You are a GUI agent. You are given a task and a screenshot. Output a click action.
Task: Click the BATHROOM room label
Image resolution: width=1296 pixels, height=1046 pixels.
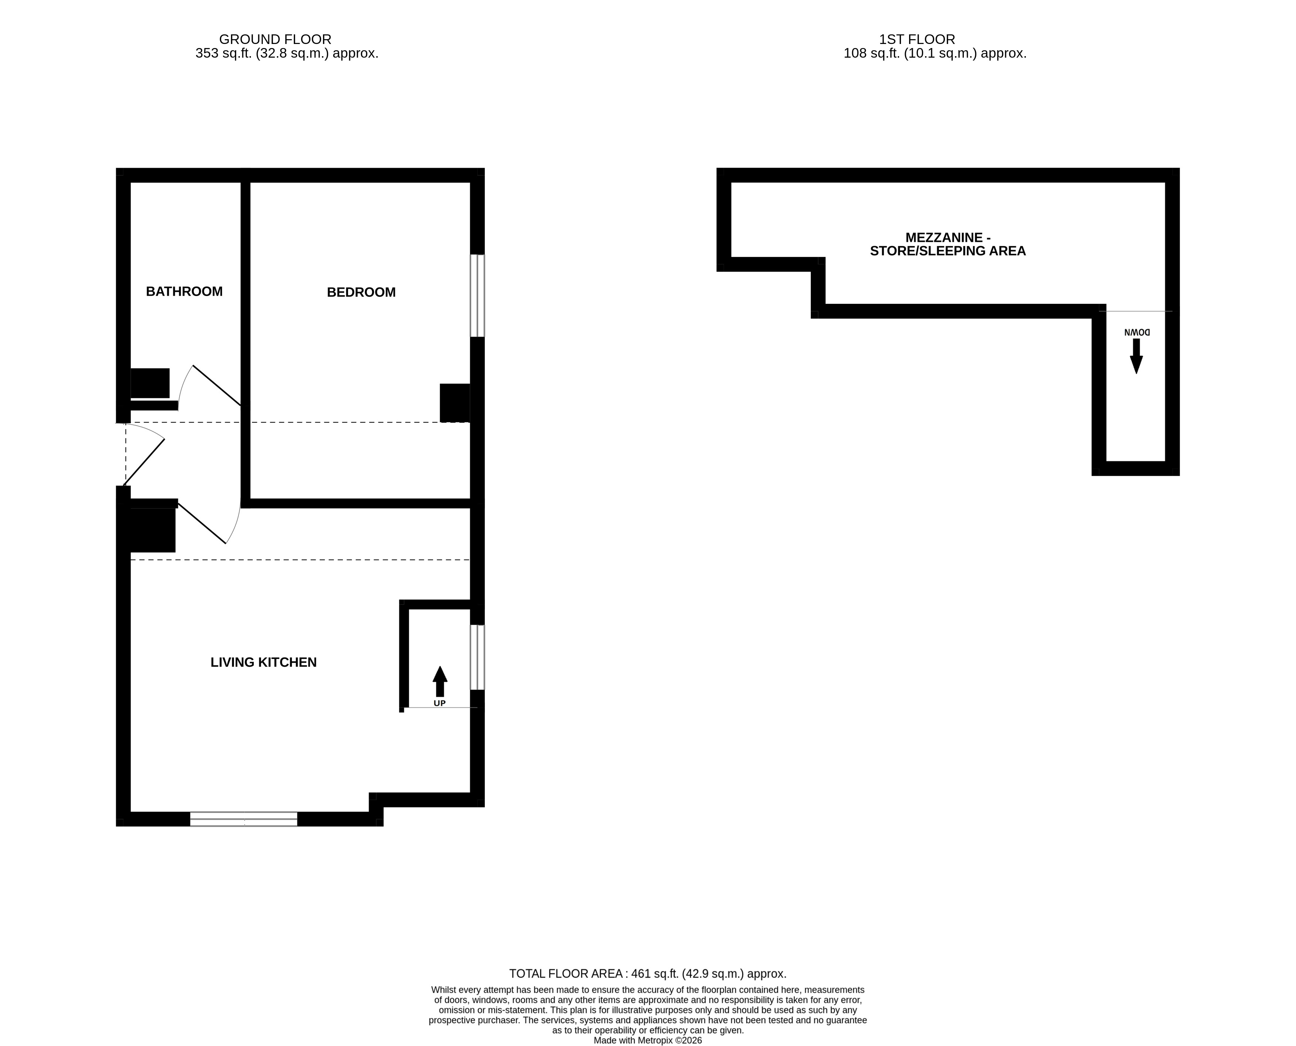point(184,292)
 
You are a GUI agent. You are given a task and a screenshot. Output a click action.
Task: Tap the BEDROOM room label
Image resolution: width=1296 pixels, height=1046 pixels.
point(361,292)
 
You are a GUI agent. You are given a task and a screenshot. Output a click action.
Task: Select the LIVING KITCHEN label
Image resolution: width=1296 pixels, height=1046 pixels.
point(263,662)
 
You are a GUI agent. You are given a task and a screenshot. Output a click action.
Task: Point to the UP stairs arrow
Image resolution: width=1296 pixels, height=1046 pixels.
point(440,682)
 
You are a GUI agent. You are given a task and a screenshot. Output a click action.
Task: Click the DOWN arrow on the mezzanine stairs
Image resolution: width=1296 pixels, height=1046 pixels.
point(1136,356)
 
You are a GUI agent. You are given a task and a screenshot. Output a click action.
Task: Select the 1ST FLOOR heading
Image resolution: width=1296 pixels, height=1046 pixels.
point(917,39)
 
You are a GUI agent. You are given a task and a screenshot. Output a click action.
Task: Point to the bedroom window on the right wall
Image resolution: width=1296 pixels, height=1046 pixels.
point(477,295)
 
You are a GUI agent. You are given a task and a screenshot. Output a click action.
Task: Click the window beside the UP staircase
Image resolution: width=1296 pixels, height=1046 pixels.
point(477,657)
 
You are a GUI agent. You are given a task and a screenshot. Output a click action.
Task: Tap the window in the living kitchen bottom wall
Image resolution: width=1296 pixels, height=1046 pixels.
point(244,819)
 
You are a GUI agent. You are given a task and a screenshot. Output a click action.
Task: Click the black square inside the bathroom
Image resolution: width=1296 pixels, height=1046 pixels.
point(150,383)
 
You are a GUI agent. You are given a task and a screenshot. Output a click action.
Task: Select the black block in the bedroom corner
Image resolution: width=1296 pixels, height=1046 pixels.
point(455,403)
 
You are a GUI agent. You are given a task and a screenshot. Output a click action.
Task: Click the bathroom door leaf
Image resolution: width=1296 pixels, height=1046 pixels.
point(217,386)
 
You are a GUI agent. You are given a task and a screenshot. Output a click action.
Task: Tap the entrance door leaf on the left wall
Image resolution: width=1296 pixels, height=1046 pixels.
point(144,462)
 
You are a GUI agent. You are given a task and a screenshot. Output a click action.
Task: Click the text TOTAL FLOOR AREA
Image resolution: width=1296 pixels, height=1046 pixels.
point(566,974)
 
